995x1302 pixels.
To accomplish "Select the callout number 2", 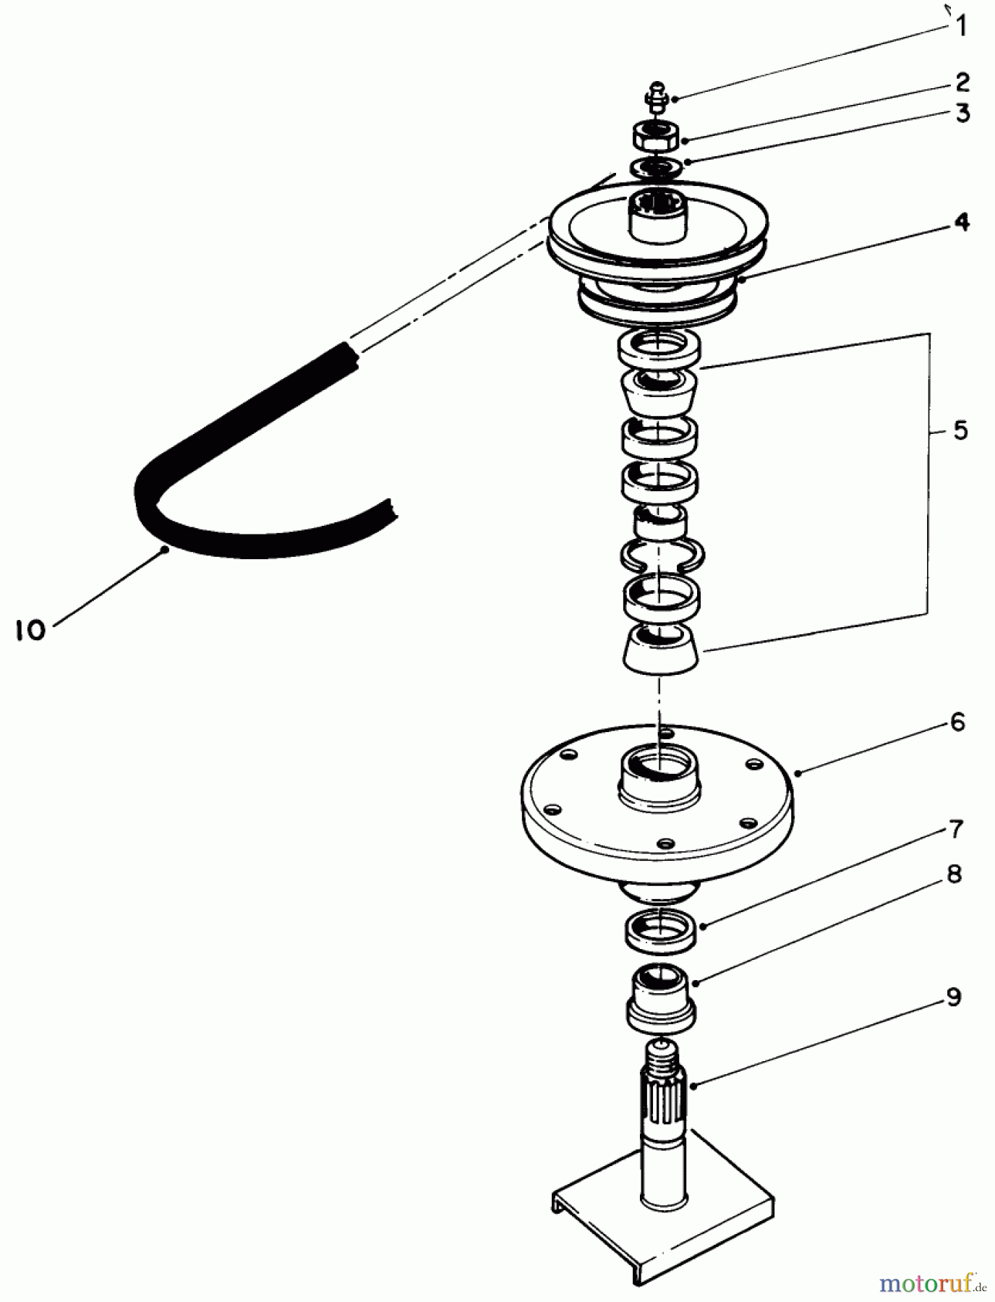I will coord(961,82).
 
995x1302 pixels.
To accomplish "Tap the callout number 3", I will coord(961,114).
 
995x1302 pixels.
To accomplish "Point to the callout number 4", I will coord(961,223).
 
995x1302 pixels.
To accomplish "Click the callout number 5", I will coord(960,430).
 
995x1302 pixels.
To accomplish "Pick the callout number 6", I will coord(957,721).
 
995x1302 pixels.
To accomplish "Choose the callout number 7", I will coord(955,829).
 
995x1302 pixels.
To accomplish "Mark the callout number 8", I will coord(954,875).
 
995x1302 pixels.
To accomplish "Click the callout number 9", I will coord(954,998).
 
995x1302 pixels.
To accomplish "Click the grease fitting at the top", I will coord(657,97).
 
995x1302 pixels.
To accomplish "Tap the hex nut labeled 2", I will coord(657,135).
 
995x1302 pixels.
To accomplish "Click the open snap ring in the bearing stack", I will coord(662,554).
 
